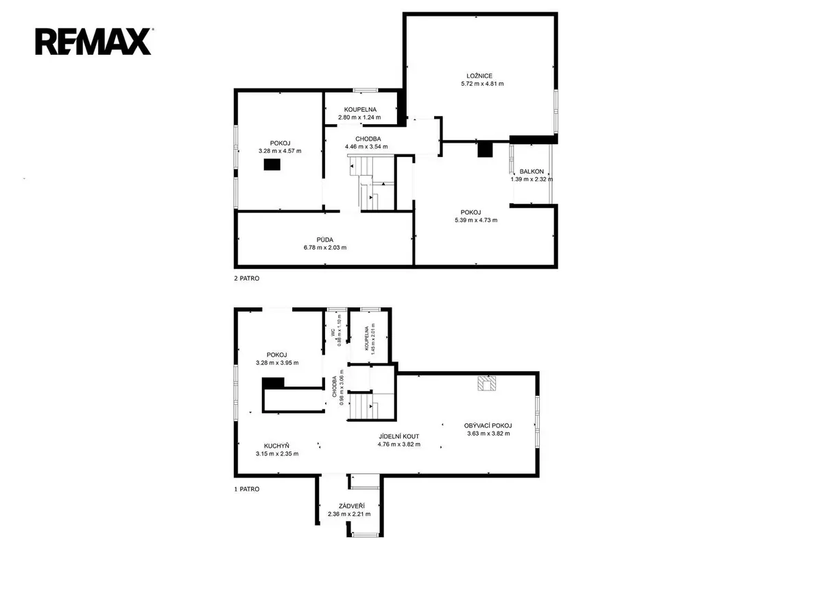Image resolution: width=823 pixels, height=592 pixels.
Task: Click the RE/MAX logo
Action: pos(93,42)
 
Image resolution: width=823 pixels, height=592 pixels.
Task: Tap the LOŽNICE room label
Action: pos(479,76)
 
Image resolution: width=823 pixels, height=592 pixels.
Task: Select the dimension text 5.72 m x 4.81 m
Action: pos(482,84)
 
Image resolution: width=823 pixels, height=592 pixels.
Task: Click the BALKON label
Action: pos(532,171)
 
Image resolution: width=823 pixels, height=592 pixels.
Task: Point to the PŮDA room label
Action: pos(325,239)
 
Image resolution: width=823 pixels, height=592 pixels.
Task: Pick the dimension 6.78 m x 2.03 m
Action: pos(325,248)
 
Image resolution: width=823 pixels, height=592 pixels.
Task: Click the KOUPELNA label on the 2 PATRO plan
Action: pos(360,110)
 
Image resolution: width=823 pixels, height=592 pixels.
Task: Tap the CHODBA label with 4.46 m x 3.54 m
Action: pos(368,139)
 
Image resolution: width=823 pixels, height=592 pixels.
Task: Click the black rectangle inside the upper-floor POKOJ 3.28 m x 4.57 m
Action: pos(272,164)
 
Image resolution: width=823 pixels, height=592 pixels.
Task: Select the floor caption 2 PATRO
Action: pos(246,279)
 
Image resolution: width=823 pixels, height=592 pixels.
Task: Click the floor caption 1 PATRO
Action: pos(246,489)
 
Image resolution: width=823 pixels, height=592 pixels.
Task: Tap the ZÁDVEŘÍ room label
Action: pos(352,506)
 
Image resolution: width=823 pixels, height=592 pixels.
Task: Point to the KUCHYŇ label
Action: pos(276,446)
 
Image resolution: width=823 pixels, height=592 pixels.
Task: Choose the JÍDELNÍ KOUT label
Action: pos(399,436)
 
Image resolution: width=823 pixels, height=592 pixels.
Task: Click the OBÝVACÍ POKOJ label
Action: pos(488,425)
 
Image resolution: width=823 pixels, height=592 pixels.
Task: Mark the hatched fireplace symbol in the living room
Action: pos(486,383)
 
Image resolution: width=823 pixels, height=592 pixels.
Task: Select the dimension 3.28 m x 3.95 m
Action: pos(277,363)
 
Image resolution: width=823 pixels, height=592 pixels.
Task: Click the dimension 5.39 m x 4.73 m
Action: pos(476,220)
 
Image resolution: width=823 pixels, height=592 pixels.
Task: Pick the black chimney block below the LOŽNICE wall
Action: pos(485,150)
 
